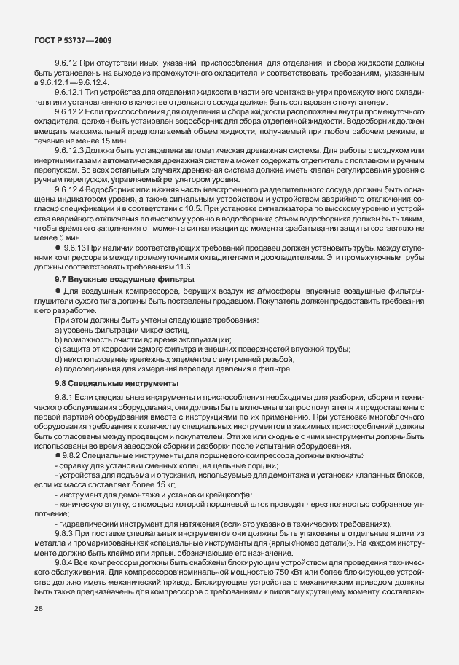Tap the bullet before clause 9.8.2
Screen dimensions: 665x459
[x=58, y=455]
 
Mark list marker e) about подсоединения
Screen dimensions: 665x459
[x=58, y=369]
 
